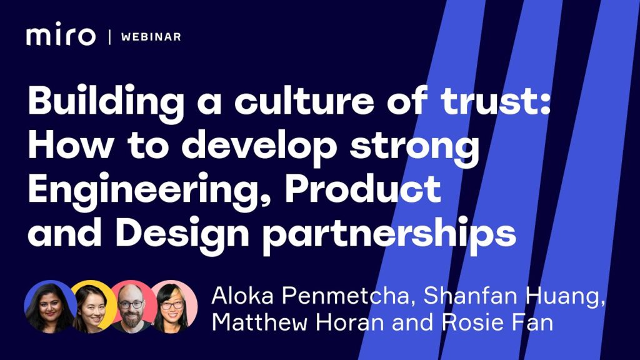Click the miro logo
point(61,34)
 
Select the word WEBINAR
point(151,37)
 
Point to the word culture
point(304,100)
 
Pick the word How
point(70,145)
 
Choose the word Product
point(363,189)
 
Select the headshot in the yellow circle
point(92,307)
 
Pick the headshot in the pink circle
point(173,307)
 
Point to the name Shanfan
point(471,296)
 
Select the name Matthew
point(259,322)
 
